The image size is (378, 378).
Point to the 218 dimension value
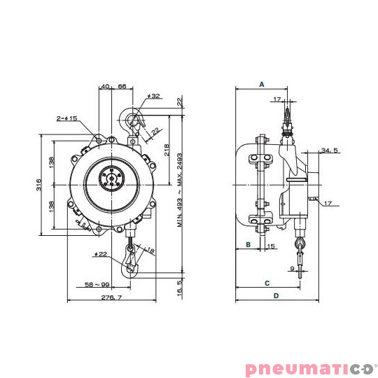click(166, 150)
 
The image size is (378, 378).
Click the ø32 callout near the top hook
click(154, 96)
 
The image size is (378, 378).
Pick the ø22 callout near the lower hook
click(101, 253)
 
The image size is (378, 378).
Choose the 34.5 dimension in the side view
click(330, 150)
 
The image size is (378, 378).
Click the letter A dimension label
click(261, 84)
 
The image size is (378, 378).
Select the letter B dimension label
click(248, 244)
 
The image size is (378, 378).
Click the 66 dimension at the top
click(121, 86)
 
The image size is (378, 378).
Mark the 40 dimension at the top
click(105, 86)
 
